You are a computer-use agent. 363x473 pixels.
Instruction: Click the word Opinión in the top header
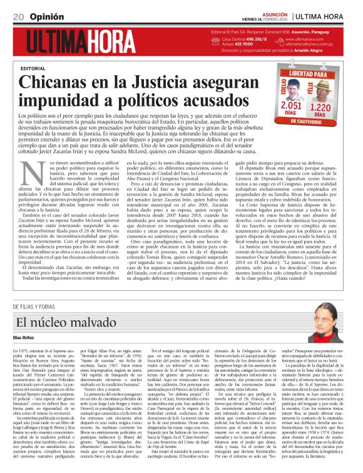(x=49, y=16)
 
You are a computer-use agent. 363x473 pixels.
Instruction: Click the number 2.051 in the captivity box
(x=290, y=105)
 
